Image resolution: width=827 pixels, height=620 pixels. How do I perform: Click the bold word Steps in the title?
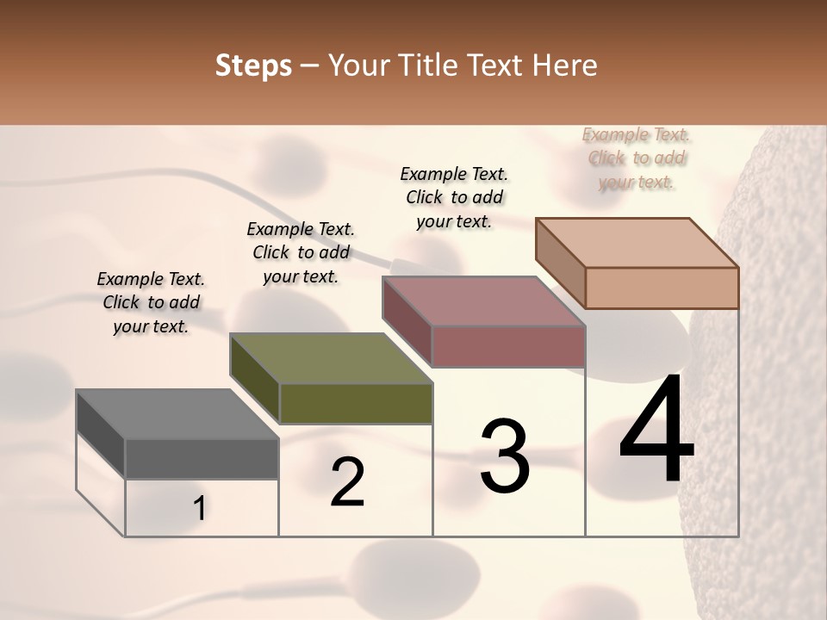[252, 65]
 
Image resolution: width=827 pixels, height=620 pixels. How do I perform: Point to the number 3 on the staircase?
[504, 456]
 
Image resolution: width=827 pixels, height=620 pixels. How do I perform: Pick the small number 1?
[199, 509]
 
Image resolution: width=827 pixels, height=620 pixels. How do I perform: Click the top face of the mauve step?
[484, 301]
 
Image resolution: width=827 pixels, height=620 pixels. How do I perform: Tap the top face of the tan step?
[637, 243]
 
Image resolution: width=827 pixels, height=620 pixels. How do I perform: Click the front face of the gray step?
[202, 459]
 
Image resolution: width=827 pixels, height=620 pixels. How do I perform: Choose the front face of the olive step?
[356, 403]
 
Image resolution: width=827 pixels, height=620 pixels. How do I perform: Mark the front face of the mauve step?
[508, 346]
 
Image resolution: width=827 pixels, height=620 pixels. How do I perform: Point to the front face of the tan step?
[662, 288]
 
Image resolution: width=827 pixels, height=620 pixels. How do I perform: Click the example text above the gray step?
[151, 302]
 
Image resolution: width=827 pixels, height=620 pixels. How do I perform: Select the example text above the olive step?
[301, 252]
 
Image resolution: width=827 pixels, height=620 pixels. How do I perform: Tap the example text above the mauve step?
[454, 197]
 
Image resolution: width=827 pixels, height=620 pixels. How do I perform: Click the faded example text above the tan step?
[636, 158]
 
